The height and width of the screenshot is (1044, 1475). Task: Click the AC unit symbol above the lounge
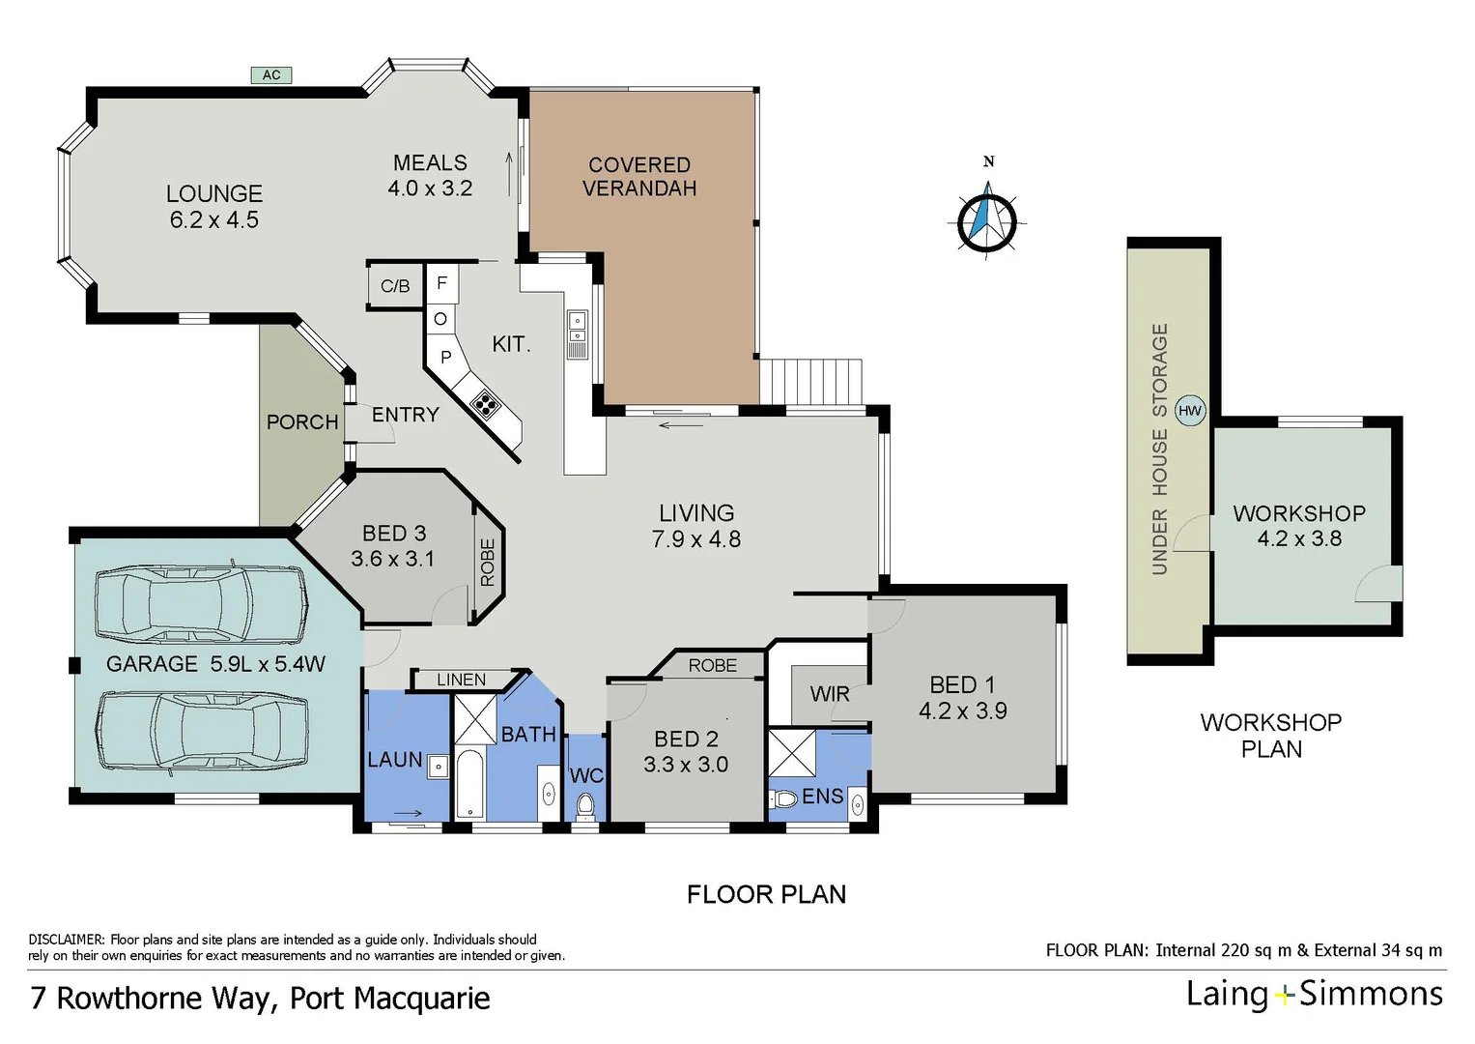(x=271, y=74)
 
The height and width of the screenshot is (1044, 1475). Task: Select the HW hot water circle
(x=1190, y=411)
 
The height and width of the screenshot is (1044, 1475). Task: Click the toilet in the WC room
(x=584, y=804)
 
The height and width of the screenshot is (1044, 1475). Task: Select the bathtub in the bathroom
(x=470, y=783)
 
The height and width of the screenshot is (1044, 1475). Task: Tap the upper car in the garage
(x=201, y=603)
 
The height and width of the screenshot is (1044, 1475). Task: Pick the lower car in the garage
(x=201, y=732)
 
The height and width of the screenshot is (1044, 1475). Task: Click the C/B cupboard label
(x=395, y=286)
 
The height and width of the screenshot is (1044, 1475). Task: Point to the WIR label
(x=829, y=694)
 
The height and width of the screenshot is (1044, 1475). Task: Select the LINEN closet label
(x=461, y=680)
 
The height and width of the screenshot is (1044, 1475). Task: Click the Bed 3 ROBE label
(x=488, y=563)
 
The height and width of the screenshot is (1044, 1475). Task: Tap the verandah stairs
(x=810, y=382)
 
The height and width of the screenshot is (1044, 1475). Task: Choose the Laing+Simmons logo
(x=1314, y=995)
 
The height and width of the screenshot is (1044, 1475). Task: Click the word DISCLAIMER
(x=66, y=940)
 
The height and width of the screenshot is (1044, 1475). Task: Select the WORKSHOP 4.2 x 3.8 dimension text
(x=1299, y=538)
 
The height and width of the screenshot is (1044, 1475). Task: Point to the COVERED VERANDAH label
(x=638, y=177)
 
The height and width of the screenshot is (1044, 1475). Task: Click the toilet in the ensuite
(x=783, y=798)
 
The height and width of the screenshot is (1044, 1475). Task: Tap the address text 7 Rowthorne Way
(x=150, y=998)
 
